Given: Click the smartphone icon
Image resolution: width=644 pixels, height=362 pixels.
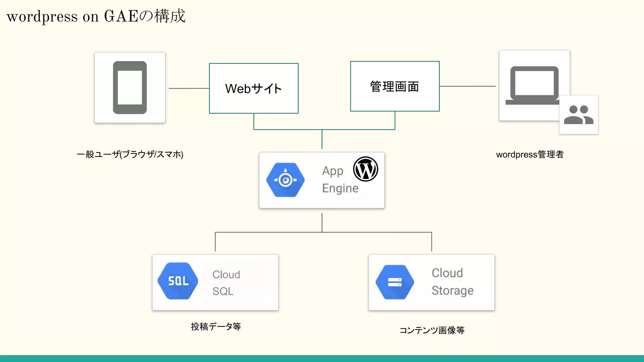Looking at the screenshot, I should [x=130, y=88].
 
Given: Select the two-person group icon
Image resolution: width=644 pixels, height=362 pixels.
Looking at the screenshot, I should [x=579, y=115].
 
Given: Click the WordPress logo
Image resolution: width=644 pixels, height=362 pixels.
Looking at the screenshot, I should [x=365, y=169].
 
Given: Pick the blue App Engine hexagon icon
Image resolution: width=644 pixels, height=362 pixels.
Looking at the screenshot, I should [x=285, y=180].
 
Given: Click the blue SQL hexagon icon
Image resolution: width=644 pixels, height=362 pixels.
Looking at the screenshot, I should [x=178, y=281].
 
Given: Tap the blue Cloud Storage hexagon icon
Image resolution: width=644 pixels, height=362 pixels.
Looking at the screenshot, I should [x=395, y=282].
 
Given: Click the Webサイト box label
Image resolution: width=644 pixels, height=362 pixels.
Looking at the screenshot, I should [x=253, y=89].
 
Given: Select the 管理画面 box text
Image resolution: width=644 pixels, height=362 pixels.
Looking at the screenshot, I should [x=395, y=86].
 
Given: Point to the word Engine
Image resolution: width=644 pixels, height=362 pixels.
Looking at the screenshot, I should [x=340, y=188].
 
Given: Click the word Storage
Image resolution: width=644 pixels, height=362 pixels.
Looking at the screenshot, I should [x=452, y=291].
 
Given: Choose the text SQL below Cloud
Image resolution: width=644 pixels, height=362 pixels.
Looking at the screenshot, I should [x=223, y=291].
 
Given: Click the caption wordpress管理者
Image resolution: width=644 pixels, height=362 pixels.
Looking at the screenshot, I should [x=530, y=155].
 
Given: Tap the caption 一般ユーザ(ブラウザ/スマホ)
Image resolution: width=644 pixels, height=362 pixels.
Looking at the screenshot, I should [x=130, y=154].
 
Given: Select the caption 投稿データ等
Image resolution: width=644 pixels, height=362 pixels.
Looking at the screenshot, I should [x=216, y=326].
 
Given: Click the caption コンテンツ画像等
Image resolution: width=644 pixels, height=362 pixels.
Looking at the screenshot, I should [x=432, y=330].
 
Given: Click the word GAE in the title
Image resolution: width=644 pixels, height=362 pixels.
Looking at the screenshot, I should [x=121, y=16].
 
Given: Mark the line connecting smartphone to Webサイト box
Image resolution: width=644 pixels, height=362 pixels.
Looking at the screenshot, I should [x=189, y=88].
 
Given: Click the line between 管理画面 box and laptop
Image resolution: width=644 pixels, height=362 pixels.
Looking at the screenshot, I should [x=467, y=86].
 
